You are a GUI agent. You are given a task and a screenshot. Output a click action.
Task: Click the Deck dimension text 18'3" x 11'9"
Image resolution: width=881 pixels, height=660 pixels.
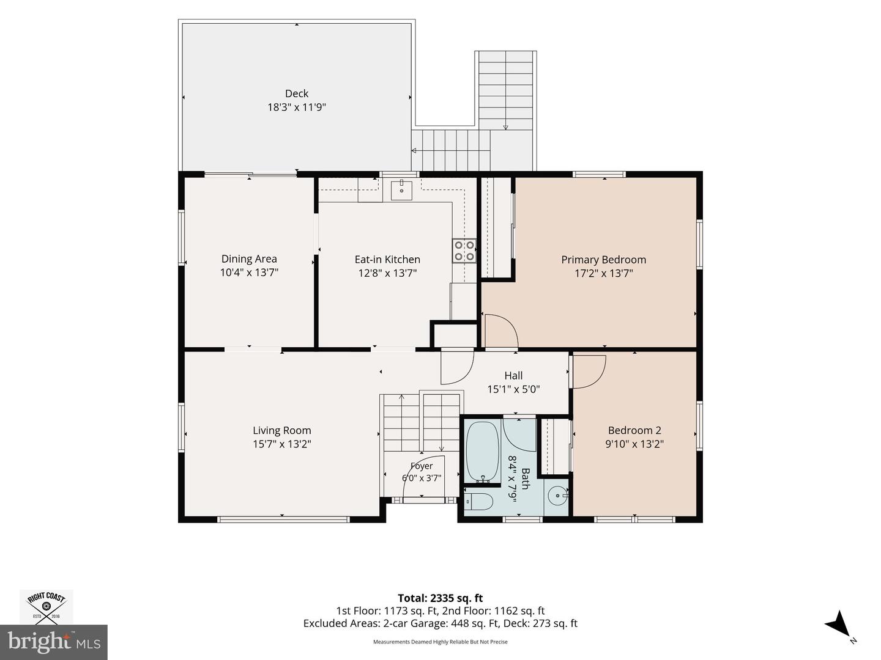tap(297, 108)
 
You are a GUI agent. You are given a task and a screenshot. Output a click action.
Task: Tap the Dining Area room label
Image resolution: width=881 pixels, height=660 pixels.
tap(249, 259)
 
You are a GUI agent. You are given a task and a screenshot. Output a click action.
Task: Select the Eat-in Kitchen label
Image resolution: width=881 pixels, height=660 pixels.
tap(387, 259)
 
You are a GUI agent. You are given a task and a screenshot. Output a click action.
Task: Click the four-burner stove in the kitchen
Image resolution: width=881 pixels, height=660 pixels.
tap(464, 251)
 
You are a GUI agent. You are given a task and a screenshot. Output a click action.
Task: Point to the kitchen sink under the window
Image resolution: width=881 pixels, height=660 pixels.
tap(401, 189)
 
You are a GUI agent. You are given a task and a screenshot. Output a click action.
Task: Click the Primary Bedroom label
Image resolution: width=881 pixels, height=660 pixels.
tap(604, 260)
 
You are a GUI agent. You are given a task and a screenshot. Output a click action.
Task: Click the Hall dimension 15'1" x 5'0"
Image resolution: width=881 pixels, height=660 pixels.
tap(513, 389)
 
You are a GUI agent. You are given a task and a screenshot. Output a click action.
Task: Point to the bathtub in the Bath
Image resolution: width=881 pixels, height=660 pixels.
tap(482, 452)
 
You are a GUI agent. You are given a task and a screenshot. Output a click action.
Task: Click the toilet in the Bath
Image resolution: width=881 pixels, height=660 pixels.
tap(478, 502)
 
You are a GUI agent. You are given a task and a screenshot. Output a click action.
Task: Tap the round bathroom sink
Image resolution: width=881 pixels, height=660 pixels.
tap(559, 496)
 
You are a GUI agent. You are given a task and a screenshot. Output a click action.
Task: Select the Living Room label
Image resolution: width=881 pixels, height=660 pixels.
tap(282, 430)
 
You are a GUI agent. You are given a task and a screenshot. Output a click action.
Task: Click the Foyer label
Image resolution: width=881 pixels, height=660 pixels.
tap(422, 466)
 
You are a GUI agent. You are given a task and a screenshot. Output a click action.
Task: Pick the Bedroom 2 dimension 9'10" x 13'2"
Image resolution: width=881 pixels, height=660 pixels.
tap(634, 444)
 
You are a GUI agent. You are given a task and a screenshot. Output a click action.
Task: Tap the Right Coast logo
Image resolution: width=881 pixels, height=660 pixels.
tap(46, 607)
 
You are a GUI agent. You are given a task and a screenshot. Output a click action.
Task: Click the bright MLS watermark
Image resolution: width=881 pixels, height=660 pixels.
tap(53, 642)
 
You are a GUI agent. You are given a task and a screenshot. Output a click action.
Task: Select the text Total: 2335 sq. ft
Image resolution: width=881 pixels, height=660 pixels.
tap(441, 598)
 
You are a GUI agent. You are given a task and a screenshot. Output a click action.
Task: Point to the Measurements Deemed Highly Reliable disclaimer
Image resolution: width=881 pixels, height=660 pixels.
tap(441, 642)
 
